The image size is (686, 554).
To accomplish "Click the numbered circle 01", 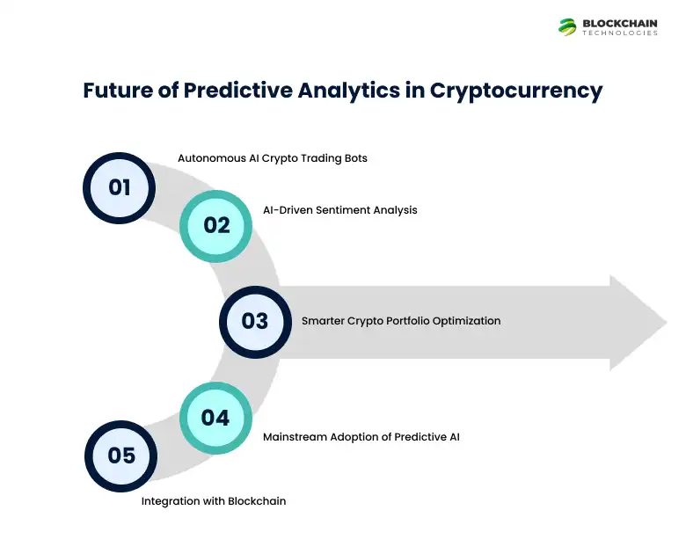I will pos(119,187).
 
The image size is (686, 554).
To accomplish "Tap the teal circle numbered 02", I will pos(216,225).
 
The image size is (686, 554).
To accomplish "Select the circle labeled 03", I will pos(255,321).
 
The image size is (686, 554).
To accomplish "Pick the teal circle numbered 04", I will pos(215,417).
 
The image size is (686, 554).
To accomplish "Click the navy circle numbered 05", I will pos(121,455).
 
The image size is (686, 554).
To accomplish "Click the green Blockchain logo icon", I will pos(567,26).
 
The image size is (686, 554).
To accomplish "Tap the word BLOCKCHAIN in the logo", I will pos(620,22).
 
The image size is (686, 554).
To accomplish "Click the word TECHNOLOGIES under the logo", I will pos(620,33).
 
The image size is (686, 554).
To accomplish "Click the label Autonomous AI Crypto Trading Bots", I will pos(272,158).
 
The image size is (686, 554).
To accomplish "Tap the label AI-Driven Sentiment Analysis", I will pos(339,209).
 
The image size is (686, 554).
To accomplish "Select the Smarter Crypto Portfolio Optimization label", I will pos(401,321).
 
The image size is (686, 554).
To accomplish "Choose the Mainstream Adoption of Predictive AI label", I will pos(361,435).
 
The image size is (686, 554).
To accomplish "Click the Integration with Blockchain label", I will pos(214,501).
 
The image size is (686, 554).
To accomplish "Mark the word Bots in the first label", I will pos(354,158).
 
